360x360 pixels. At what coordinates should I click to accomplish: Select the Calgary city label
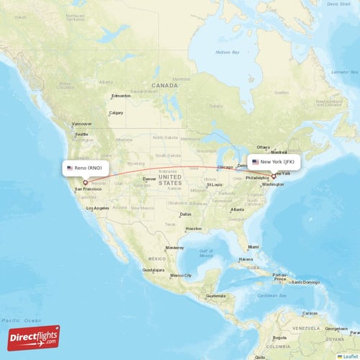coord(115,113)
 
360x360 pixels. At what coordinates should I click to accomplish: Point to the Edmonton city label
coord(121,96)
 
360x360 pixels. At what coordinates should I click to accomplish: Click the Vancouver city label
coord(81,124)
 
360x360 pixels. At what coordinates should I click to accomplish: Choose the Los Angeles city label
coord(97,208)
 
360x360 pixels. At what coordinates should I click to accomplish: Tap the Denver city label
coord(150,179)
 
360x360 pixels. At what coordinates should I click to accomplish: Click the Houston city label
coord(193,229)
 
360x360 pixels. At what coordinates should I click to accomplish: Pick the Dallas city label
coord(186,214)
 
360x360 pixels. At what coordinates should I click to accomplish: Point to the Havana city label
coord(246,259)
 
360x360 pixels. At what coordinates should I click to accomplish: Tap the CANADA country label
coord(164,85)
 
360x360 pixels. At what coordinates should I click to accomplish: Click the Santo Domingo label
coord(305,282)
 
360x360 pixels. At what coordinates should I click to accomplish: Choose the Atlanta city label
coord(237,210)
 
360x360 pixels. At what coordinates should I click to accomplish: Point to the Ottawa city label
coord(264,147)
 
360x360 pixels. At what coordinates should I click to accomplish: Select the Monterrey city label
coord(175,248)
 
